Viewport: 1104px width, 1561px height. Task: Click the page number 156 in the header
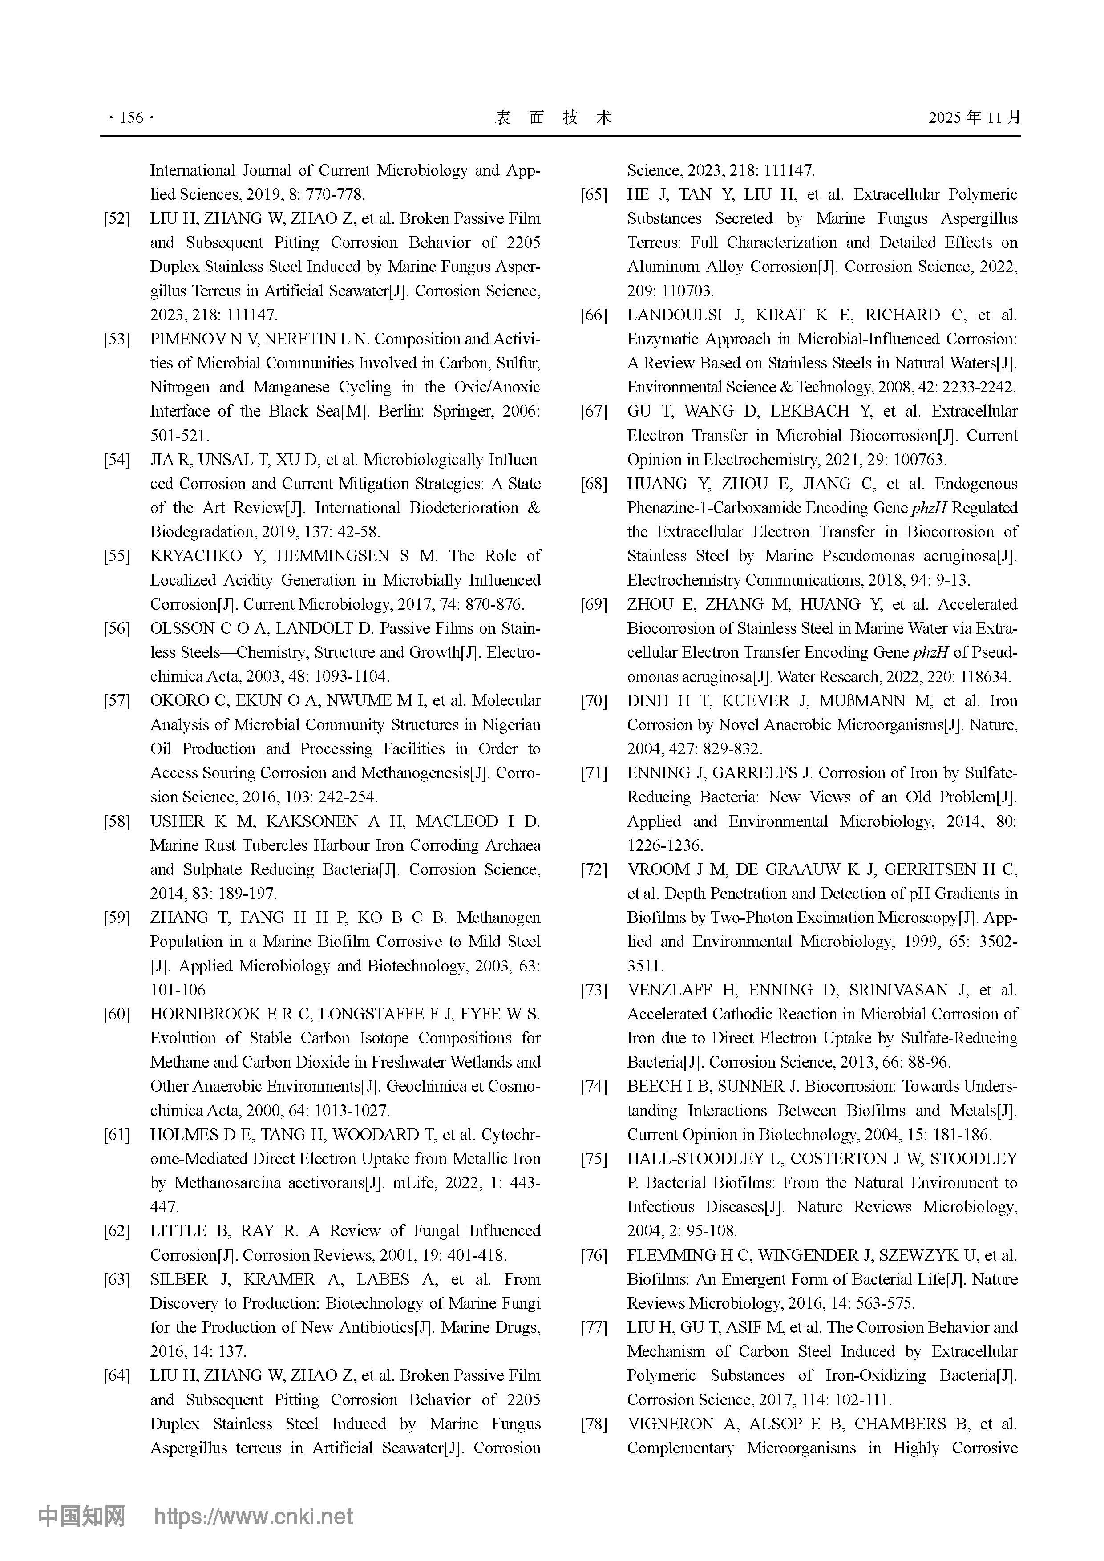[131, 118]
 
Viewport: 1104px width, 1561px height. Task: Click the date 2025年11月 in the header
[974, 117]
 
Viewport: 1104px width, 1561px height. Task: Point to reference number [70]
[594, 701]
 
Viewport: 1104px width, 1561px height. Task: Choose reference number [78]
[594, 1424]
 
